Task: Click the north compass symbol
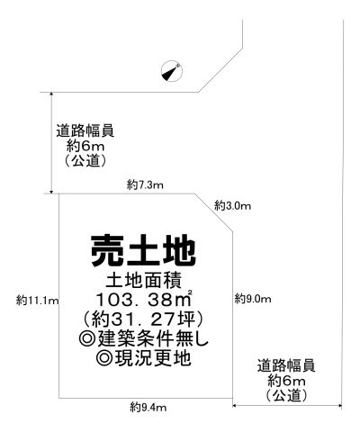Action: point(172,71)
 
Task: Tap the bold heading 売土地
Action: point(143,251)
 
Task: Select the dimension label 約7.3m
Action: point(145,184)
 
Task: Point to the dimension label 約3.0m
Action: point(232,206)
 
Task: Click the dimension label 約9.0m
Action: point(253,299)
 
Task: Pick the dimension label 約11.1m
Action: point(37,300)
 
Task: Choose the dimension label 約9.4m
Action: point(148,408)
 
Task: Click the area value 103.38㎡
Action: point(144,299)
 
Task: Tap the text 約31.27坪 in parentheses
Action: point(143,319)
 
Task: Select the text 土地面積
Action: point(143,281)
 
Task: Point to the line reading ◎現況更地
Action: point(143,358)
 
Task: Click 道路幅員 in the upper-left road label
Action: point(85,130)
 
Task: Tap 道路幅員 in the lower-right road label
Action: point(286,366)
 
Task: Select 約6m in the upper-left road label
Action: point(85,147)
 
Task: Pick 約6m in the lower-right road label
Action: point(286,382)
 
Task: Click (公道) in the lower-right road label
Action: point(286,395)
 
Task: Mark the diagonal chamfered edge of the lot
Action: point(214,212)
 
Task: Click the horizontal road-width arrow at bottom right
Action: point(287,406)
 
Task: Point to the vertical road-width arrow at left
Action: point(51,143)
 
